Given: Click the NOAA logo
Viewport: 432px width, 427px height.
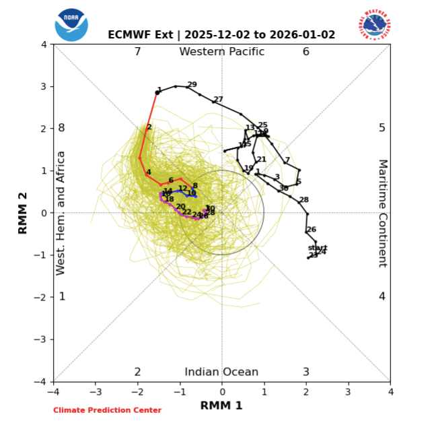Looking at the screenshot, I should point(71,25).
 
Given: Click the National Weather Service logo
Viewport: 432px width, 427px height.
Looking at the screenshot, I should point(375,25).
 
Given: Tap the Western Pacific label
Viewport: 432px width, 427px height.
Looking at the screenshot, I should point(222,52).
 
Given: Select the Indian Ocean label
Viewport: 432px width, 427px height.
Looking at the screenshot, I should point(221,372).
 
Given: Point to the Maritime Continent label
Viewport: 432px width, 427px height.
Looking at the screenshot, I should point(382,213).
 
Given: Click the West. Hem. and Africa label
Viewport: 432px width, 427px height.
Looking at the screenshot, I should point(61,213).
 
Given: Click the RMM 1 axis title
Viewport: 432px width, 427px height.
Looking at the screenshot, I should point(221,405).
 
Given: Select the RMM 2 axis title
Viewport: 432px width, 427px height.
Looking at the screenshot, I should point(23,212).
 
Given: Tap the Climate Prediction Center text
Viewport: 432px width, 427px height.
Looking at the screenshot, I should point(108,410).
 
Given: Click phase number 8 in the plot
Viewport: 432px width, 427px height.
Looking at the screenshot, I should point(61,128).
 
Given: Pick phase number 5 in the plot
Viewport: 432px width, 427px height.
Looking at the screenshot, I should point(382,128).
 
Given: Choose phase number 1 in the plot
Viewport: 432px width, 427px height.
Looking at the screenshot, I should point(62,296).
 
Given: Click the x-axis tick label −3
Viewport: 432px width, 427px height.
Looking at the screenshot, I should point(95,391).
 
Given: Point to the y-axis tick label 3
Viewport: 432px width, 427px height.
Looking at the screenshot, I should point(44,87).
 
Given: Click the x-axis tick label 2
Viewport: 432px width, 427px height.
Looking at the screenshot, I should point(306,391).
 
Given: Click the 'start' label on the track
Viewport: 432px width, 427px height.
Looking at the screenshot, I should point(317,248).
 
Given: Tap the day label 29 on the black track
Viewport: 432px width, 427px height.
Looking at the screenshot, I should point(192,85).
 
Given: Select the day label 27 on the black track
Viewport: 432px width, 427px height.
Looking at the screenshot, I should point(218,100).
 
